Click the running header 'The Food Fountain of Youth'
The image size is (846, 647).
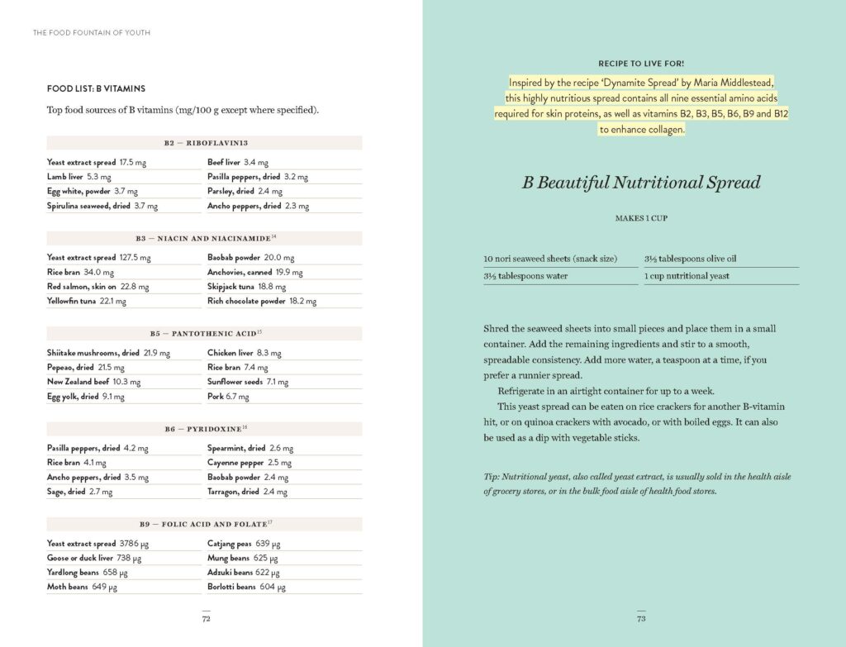tap(91, 33)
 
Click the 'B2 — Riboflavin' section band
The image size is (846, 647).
tap(205, 143)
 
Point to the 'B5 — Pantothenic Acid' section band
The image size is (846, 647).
tap(205, 333)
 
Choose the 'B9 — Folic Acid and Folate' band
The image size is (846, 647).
tap(205, 524)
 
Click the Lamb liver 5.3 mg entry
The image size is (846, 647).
tap(79, 177)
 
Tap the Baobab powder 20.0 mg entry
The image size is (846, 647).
tap(250, 258)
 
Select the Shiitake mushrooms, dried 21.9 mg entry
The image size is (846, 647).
tap(108, 353)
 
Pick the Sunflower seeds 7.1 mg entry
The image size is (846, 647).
tap(247, 383)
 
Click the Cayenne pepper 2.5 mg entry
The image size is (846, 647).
tap(249, 463)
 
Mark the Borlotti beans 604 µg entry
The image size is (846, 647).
tap(246, 587)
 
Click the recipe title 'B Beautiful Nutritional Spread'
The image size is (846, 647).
tap(640, 183)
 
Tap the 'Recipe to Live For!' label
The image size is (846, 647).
tap(640, 64)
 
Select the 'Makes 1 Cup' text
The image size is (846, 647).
tap(640, 219)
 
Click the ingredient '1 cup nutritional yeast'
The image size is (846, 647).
tap(687, 276)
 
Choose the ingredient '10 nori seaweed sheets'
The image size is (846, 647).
tap(550, 259)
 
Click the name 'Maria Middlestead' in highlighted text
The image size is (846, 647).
tap(730, 83)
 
